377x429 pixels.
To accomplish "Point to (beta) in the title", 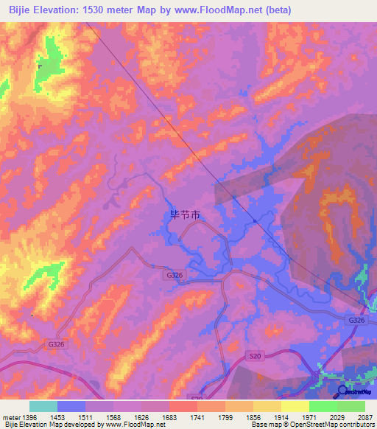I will coord(279,10).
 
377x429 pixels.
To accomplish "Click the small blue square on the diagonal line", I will coord(254,220).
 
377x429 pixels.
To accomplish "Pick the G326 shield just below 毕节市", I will coord(174,274).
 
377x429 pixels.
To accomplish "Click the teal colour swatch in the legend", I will coord(43,406).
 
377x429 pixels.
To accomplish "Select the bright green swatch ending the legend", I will coord(351,406).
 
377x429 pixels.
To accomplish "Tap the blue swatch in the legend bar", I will coord(71,406).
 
